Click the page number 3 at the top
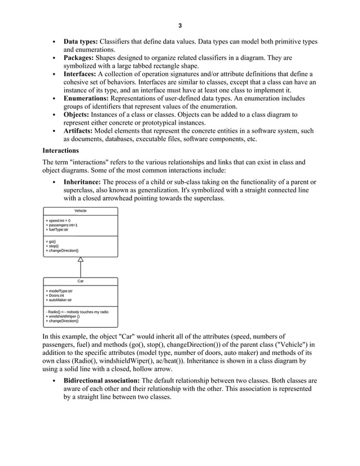[180, 25]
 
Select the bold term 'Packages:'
[78, 58]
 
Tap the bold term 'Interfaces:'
[80, 74]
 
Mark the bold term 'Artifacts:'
[78, 131]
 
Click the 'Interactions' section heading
[61, 151]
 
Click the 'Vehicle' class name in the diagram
[81, 210]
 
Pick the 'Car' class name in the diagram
[81, 280]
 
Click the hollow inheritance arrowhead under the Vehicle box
[81, 260]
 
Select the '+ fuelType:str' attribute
[57, 230]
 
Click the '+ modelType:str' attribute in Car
[59, 291]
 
